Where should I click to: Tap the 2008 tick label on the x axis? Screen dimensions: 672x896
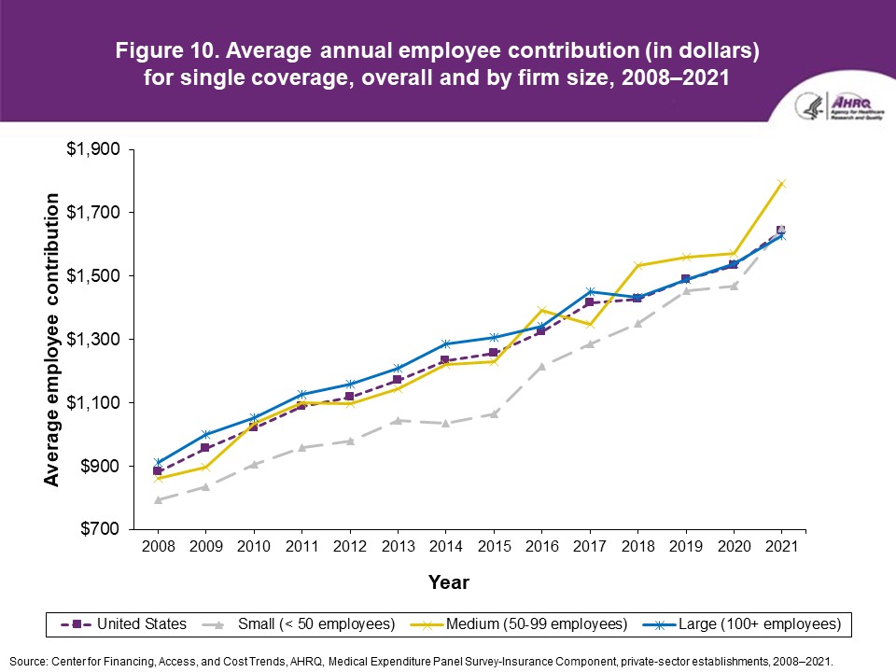click(158, 547)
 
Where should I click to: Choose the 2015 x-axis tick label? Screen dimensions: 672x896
click(493, 547)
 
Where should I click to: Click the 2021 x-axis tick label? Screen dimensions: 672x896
click(780, 547)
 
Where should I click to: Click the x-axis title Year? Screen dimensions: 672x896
click(448, 583)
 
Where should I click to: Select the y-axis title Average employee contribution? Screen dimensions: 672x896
click(53, 340)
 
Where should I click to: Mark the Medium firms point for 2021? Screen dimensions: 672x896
click(780, 183)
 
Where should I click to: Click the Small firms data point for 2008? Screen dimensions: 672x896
click(158, 500)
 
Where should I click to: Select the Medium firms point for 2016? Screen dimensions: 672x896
click(540, 310)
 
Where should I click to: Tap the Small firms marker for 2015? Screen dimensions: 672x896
click(493, 413)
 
